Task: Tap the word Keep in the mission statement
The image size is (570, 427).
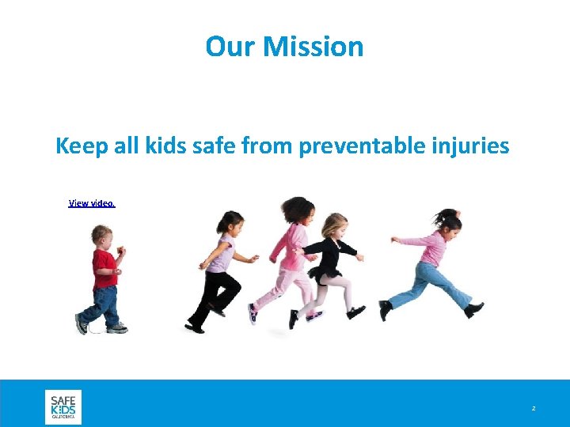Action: click(81, 146)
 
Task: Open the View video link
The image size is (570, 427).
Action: click(92, 203)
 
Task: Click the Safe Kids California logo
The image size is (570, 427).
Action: click(63, 406)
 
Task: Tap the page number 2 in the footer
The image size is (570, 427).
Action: click(534, 408)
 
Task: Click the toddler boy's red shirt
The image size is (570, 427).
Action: click(104, 269)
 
